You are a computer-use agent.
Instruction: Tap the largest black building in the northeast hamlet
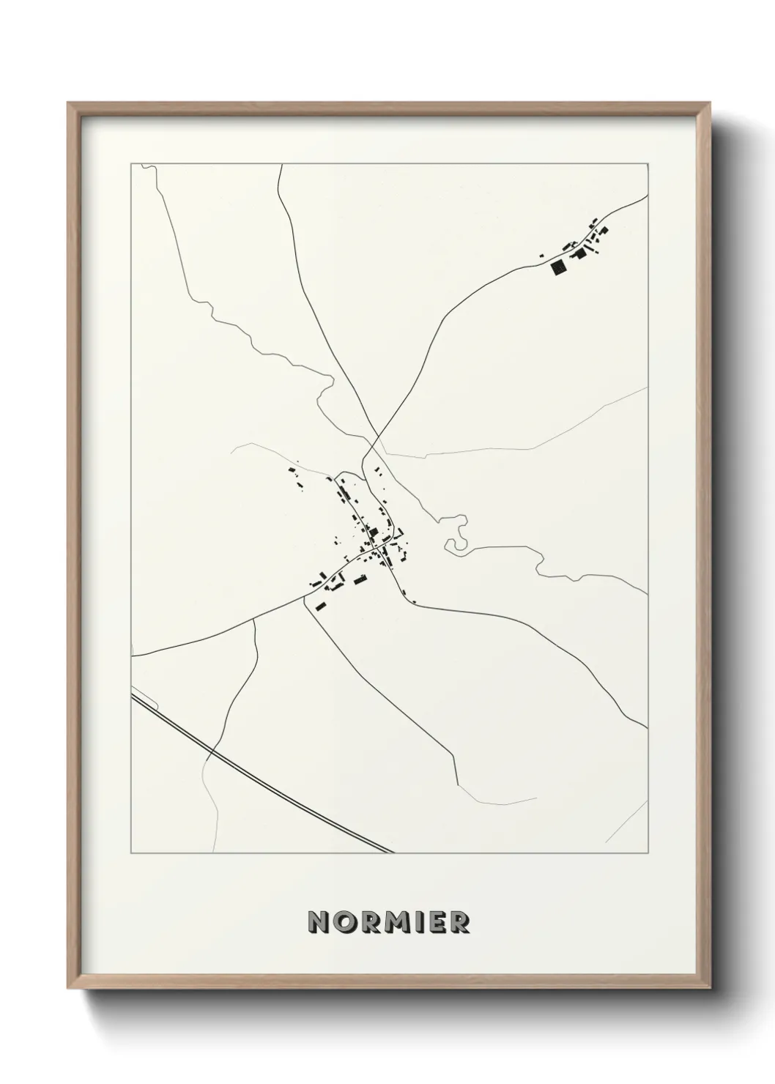click(559, 268)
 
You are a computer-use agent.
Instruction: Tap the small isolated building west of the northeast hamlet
click(542, 255)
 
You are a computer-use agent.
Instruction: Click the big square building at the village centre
click(373, 532)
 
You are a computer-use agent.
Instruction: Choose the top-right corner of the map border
click(648, 163)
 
